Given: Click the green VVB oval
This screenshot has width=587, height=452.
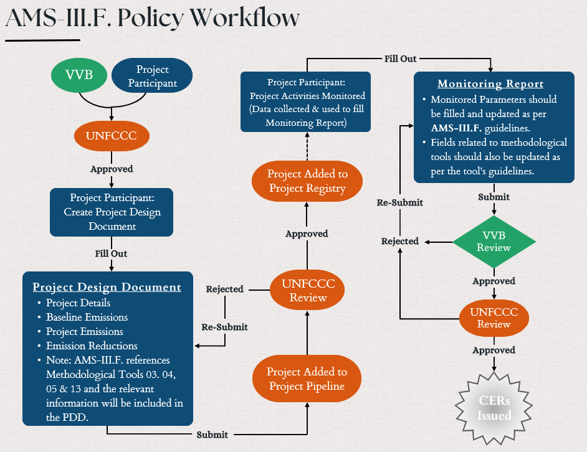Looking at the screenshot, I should pyautogui.click(x=79, y=75).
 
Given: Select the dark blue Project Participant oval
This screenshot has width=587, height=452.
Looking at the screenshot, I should pyautogui.click(x=153, y=76).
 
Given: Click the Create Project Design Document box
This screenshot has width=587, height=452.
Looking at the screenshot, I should pyautogui.click(x=112, y=212).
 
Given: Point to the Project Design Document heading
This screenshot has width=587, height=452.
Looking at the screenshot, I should pyautogui.click(x=107, y=287).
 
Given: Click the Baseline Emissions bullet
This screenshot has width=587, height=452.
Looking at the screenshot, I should pyautogui.click(x=87, y=317).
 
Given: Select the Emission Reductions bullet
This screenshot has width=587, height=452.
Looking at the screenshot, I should pyautogui.click(x=92, y=346).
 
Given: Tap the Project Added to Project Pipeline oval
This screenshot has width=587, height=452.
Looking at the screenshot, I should pyautogui.click(x=307, y=379).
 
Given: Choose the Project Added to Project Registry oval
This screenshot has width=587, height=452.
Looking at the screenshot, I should pyautogui.click(x=307, y=181).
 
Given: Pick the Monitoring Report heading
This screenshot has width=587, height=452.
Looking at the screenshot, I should pyautogui.click(x=490, y=84).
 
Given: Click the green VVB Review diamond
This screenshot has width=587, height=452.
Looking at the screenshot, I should pyautogui.click(x=494, y=242).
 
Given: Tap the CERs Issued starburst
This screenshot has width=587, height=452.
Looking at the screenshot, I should pyautogui.click(x=494, y=409).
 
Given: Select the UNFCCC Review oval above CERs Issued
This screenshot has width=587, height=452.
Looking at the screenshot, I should pyautogui.click(x=494, y=318).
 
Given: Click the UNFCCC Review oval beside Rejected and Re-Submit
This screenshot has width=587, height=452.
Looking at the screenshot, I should pyautogui.click(x=308, y=291).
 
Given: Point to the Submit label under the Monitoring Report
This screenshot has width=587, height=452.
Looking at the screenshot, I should pyautogui.click(x=494, y=197).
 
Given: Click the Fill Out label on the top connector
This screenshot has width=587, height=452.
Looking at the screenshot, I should pyautogui.click(x=400, y=59).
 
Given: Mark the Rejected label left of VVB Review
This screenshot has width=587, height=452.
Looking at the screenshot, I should pyautogui.click(x=400, y=241).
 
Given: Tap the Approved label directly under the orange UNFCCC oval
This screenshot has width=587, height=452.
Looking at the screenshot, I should pyautogui.click(x=112, y=169).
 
